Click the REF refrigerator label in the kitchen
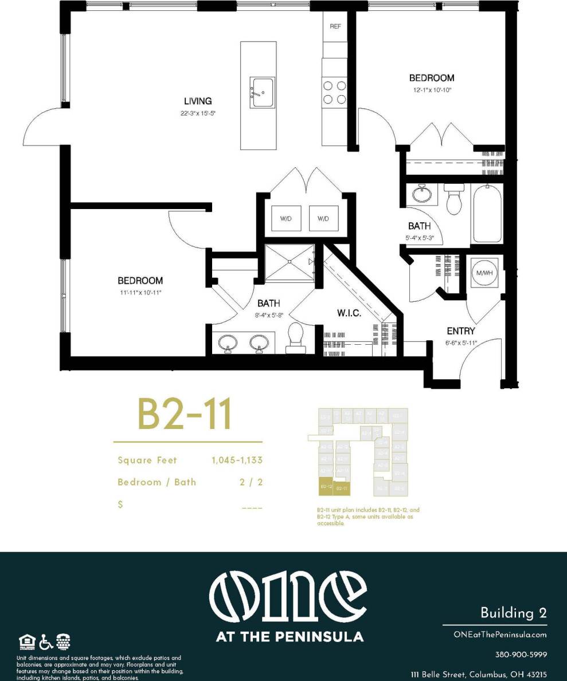[335, 27]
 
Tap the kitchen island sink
[262, 92]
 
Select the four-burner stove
[334, 92]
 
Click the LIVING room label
[198, 101]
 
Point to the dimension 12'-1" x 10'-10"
[431, 89]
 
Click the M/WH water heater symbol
[484, 273]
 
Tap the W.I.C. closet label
[349, 314]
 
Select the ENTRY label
[461, 331]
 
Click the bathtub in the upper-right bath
[487, 214]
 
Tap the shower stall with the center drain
[290, 262]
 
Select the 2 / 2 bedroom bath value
[251, 482]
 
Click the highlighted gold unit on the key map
[326, 486]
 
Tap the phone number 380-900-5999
[521, 654]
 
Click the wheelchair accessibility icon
[46, 641]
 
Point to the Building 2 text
[513, 613]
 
